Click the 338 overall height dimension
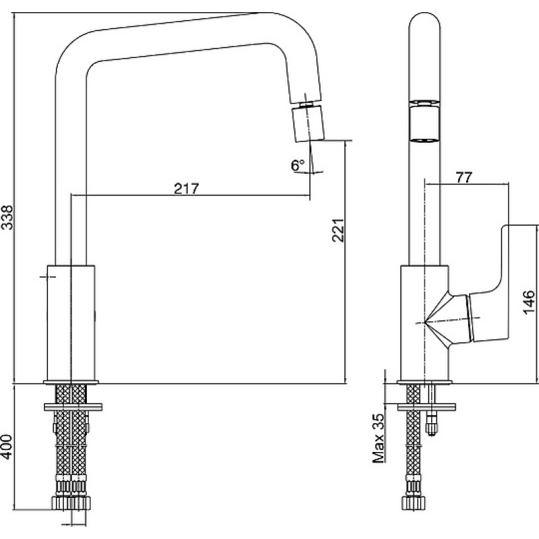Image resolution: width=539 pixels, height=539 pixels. point(7,217)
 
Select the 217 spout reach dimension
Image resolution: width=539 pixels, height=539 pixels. point(187,189)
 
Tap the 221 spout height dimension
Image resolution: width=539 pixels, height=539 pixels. point(338,230)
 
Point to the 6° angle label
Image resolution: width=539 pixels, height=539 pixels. point(298,165)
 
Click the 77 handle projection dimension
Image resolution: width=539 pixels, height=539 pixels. point(464,177)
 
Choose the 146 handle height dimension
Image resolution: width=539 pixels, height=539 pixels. point(529,302)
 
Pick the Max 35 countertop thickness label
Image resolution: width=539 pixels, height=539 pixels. point(378,438)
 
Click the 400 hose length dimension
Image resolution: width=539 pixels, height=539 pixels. point(7,447)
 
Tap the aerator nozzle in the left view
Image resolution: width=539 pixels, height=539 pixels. point(309,123)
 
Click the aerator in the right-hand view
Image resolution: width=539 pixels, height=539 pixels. point(425,121)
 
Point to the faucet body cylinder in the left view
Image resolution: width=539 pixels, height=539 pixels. point(71,323)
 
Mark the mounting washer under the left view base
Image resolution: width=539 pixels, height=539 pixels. point(73,407)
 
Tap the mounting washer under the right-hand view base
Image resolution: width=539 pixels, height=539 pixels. point(426,407)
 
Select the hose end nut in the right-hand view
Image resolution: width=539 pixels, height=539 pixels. point(414,503)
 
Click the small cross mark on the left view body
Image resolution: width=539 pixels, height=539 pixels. point(48,276)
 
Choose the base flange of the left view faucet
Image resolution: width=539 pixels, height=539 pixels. point(71,382)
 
